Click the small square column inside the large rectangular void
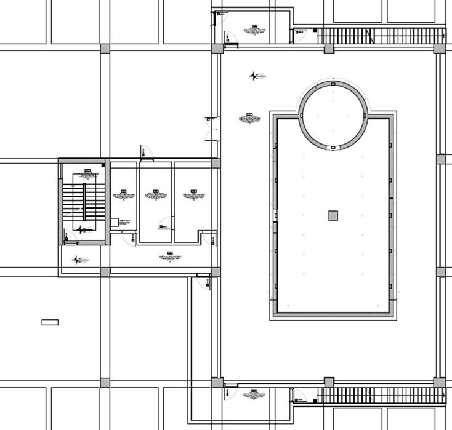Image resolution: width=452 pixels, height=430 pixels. coord(333,215)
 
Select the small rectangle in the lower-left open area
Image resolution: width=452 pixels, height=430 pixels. coord(50,322)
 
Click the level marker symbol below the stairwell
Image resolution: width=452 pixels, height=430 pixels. coord(77,260)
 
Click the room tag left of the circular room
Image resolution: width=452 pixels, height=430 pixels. coord(249,117)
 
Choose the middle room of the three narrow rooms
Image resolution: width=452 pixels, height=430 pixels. coord(155,203)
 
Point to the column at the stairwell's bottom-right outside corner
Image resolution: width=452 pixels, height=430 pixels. coord(105,271)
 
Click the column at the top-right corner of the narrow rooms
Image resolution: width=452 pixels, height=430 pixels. coord(216,163)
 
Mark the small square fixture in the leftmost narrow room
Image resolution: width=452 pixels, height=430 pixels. coord(115,222)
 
